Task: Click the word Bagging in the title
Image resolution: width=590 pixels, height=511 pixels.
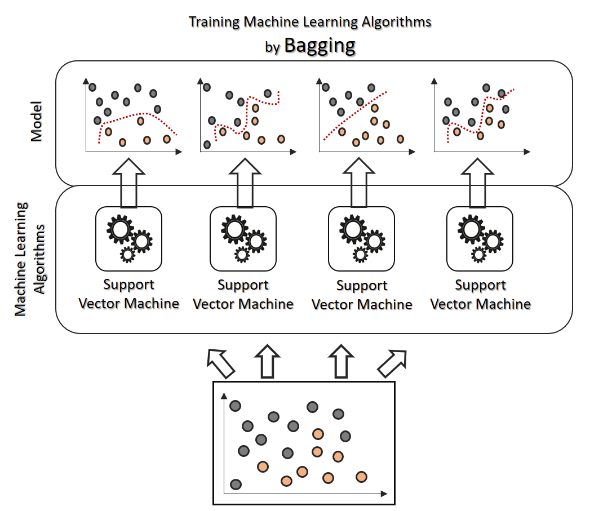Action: point(320,46)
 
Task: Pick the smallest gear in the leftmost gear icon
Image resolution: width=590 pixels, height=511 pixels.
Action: point(128,255)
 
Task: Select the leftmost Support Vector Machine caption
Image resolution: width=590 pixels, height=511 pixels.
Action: point(129,294)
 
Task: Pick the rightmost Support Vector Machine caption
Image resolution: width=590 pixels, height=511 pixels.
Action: point(480,295)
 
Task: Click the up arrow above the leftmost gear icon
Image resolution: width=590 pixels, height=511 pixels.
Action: point(129,181)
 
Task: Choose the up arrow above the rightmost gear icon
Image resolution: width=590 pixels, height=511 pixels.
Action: point(480,181)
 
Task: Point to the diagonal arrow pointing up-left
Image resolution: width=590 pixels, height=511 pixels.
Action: point(221,363)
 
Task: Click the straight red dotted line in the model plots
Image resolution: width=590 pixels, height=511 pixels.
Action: point(354,115)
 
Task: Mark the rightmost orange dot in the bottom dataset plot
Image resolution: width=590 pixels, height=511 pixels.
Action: point(362,477)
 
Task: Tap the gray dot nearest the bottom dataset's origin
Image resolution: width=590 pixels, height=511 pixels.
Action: point(236,484)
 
